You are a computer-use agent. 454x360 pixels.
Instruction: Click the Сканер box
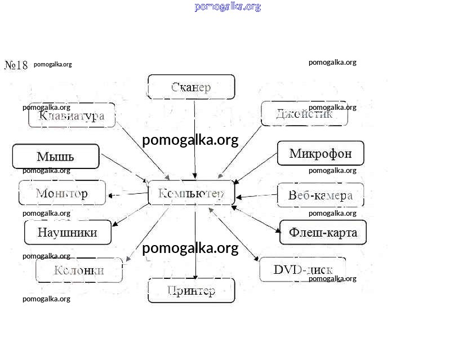[191, 87]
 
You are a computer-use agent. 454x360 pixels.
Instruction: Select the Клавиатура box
[72, 115]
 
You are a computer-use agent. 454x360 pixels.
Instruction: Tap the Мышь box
[55, 157]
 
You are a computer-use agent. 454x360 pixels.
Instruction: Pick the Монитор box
[61, 193]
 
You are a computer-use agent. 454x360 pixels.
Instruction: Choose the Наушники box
[67, 232]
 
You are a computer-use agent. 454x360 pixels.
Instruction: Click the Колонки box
[79, 270]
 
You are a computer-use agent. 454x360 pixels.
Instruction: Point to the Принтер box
[191, 291]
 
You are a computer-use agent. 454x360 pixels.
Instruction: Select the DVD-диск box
[302, 269]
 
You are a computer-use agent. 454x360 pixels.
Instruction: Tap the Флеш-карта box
[323, 232]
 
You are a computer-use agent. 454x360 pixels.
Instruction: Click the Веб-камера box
[320, 195]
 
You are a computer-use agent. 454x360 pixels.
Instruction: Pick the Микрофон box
[321, 153]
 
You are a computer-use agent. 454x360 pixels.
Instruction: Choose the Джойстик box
[304, 114]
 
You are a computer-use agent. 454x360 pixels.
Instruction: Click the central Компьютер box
[191, 193]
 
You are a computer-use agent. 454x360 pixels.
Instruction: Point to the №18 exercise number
[16, 65]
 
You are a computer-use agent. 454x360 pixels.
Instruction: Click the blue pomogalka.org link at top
[228, 7]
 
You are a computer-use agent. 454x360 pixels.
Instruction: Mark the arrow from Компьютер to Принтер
[195, 242]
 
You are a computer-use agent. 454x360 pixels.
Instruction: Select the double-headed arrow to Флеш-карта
[256, 219]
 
